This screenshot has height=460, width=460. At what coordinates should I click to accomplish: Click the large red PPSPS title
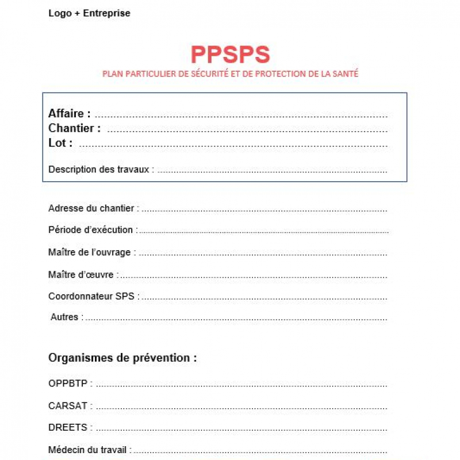[x=230, y=55]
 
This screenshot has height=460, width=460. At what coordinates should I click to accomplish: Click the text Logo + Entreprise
[x=89, y=13]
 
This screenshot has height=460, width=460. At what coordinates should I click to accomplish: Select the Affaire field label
[x=69, y=114]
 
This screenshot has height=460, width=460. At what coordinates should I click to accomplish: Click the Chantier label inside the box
[x=74, y=128]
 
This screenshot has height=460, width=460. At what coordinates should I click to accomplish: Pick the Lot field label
[x=60, y=143]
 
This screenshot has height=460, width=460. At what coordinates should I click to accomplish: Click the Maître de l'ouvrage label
[x=92, y=252]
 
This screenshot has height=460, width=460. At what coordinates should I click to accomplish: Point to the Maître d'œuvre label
[x=83, y=274]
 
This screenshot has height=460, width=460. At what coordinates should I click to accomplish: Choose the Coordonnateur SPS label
[x=93, y=297]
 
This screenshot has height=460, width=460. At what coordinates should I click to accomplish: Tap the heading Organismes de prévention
[x=122, y=358]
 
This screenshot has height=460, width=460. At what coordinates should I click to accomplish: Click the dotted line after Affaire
[x=241, y=115]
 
